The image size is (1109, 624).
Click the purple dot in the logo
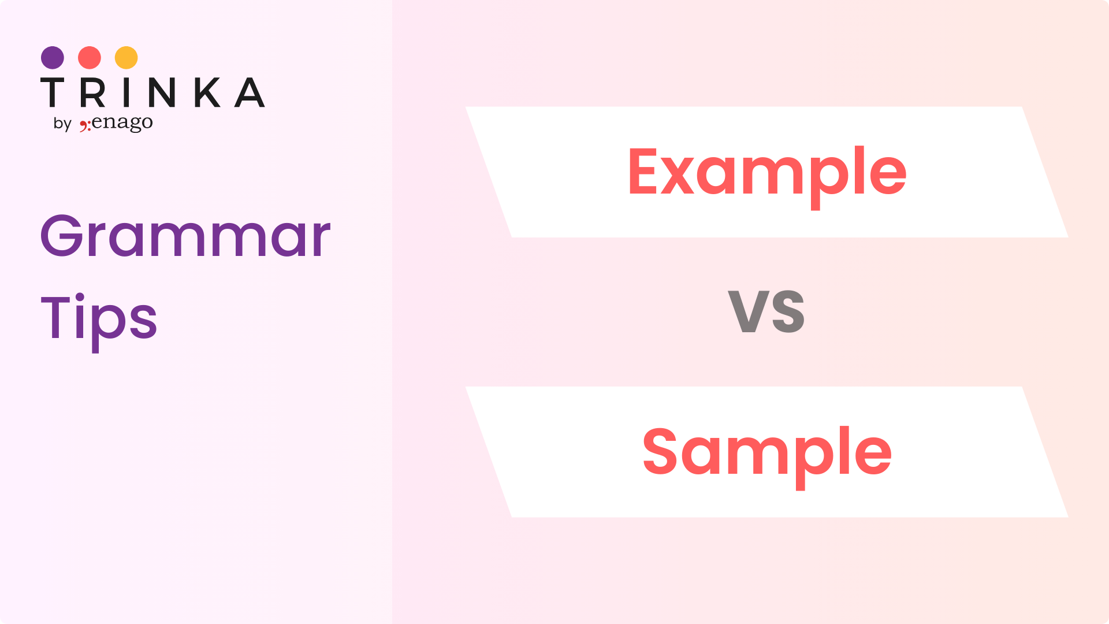[53, 58]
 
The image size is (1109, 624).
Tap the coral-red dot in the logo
[90, 58]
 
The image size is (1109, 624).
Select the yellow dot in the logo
[126, 58]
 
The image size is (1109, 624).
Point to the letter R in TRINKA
[93, 92]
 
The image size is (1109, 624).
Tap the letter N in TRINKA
[162, 92]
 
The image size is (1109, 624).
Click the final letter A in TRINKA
[250, 92]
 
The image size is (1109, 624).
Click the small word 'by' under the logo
[62, 124]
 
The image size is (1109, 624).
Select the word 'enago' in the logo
[122, 123]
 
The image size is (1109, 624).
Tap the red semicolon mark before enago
[85, 125]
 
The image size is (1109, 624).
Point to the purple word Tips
[99, 321]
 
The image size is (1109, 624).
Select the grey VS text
[766, 311]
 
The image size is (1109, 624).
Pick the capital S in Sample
[660, 451]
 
